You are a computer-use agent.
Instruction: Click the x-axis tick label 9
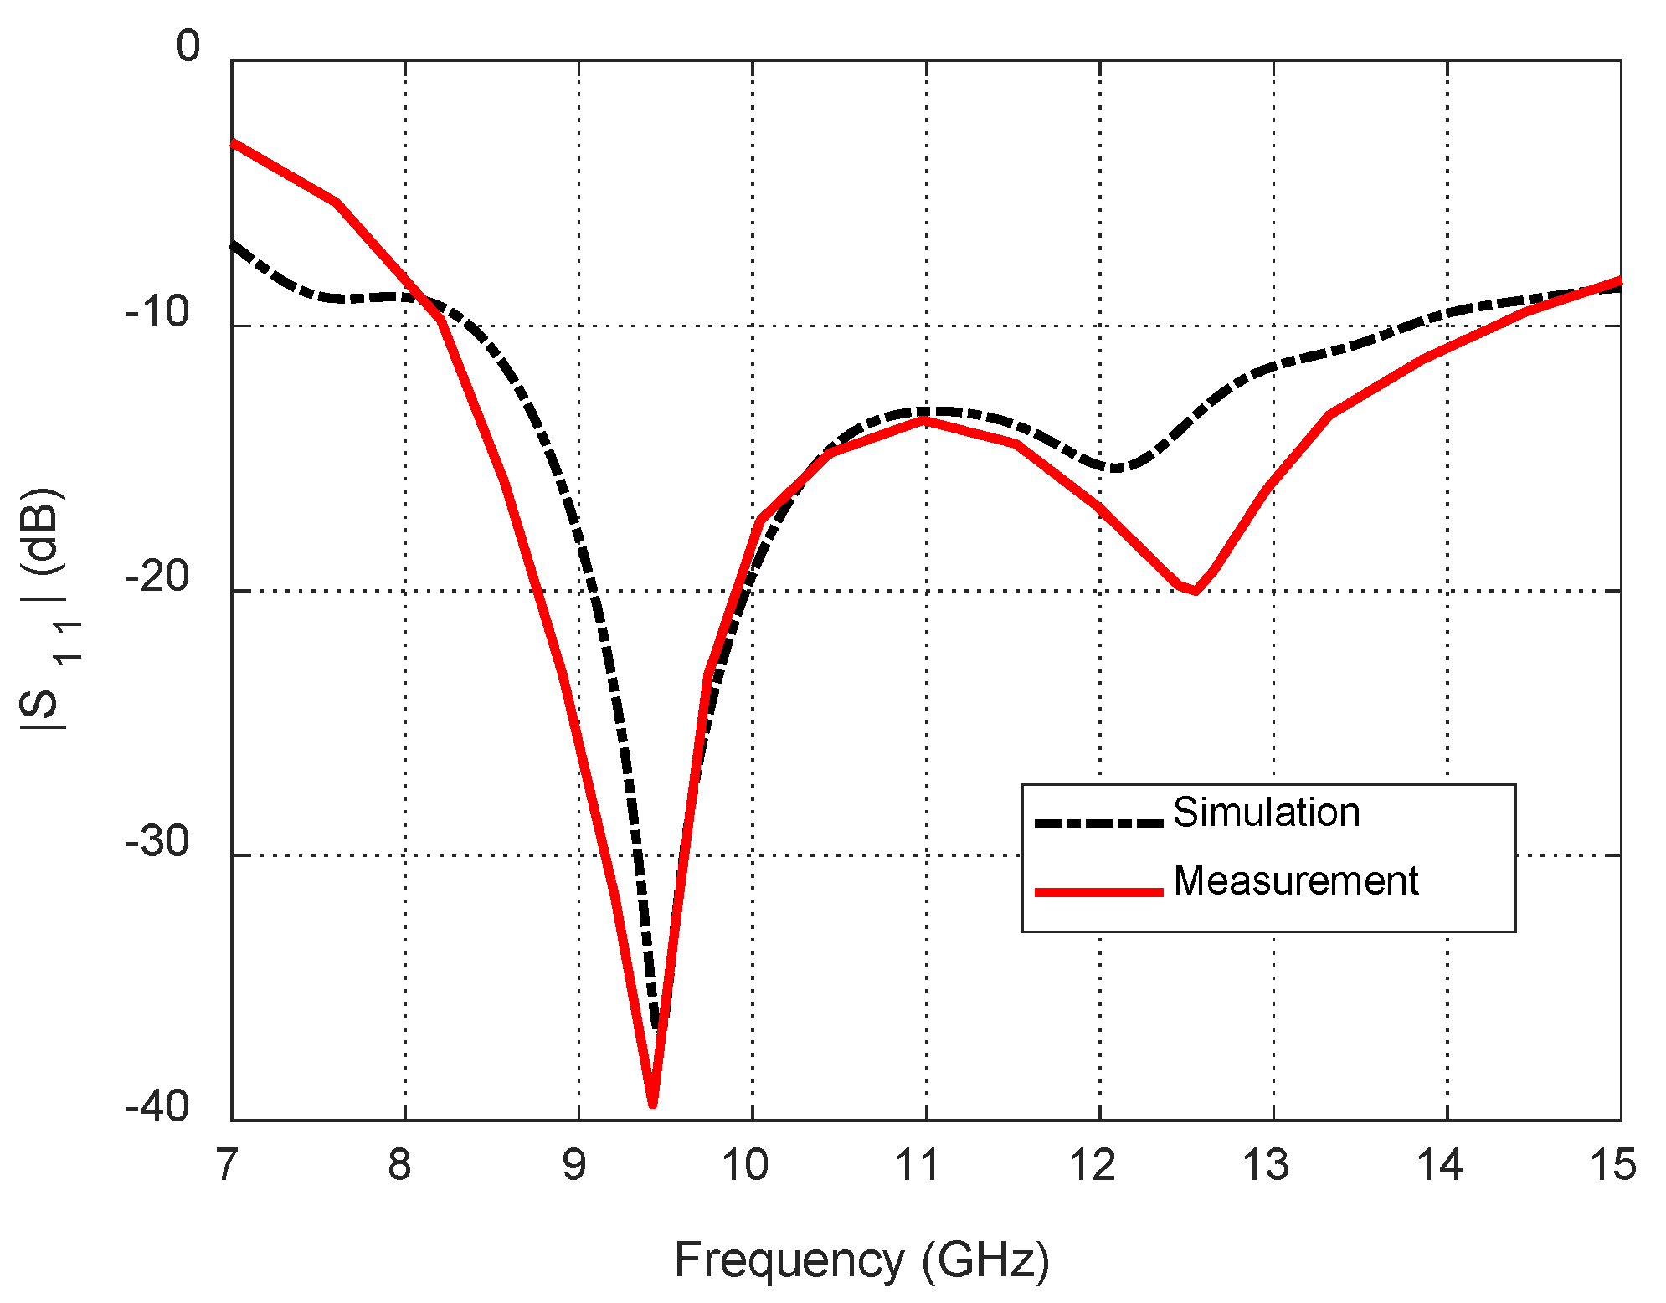point(574,1166)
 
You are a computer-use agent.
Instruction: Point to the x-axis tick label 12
point(1093,1166)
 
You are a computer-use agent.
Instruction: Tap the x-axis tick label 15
point(1612,1166)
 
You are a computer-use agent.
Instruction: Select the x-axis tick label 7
point(227,1166)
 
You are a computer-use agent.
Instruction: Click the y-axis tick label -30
point(157,841)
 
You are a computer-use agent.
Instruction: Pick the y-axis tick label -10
point(157,312)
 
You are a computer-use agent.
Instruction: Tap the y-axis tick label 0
point(188,47)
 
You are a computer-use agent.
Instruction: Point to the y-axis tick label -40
point(157,1107)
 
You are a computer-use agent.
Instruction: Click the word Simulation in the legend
point(1266,813)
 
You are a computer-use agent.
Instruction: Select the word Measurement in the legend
point(1296,881)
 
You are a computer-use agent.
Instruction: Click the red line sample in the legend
point(1098,892)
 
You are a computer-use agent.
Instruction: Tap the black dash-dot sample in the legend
point(1098,823)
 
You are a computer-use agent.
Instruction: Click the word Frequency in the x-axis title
point(789,1260)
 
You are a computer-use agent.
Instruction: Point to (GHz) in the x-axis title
point(985,1260)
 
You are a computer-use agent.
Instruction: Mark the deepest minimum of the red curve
point(653,1105)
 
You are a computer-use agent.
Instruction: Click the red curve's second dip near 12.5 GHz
point(1195,592)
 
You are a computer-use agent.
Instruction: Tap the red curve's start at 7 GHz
point(233,142)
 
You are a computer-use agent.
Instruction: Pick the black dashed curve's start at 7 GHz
point(233,244)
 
